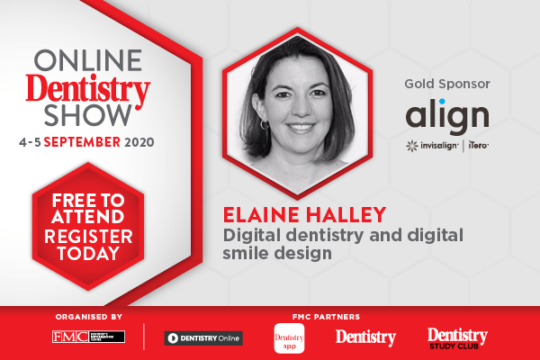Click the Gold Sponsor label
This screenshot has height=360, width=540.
pyautogui.click(x=447, y=85)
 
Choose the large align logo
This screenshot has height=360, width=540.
pyautogui.click(x=447, y=115)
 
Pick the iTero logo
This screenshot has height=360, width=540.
pyautogui.click(x=476, y=144)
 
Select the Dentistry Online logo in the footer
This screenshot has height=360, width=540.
pyautogui.click(x=203, y=338)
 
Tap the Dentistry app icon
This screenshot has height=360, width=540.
pyautogui.click(x=288, y=337)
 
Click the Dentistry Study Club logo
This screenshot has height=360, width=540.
pyautogui.click(x=456, y=337)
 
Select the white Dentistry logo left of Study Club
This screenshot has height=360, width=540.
pyautogui.click(x=365, y=337)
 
